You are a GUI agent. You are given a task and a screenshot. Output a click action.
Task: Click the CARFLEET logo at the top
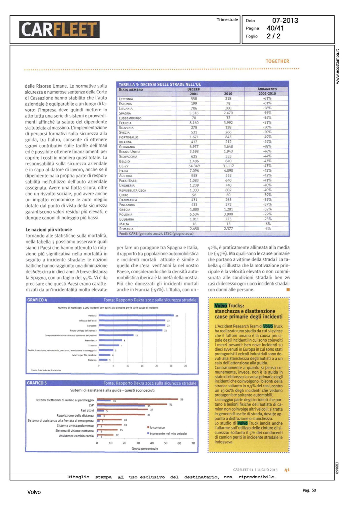pyautogui.click(x=59, y=29)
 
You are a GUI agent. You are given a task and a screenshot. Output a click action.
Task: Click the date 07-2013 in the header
pyautogui.click(x=285, y=21)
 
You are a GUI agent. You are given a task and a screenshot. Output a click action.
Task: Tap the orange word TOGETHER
pyautogui.click(x=277, y=61)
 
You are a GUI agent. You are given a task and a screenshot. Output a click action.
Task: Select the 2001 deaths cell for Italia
pyautogui.click(x=194, y=171)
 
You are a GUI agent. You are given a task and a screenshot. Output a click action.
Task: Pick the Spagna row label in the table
pyautogui.click(x=125, y=113)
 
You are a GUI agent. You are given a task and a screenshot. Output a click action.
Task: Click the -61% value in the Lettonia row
pyautogui.click(x=267, y=99)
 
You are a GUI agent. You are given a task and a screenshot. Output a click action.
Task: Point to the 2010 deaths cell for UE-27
pyautogui.click(x=228, y=166)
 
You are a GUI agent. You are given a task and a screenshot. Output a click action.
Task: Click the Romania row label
pyautogui.click(x=126, y=229)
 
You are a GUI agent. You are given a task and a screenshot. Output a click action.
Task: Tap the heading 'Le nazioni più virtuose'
pyautogui.click(x=49, y=230)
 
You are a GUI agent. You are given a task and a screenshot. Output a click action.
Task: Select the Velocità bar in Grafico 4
pyautogui.click(x=136, y=315)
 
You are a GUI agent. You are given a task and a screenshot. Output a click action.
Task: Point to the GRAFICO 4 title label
pyautogui.click(x=37, y=300)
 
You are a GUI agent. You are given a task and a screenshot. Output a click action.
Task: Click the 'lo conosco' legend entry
pyautogui.click(x=157, y=427)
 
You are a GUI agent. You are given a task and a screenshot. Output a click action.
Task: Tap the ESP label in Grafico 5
pyautogui.click(x=91, y=405)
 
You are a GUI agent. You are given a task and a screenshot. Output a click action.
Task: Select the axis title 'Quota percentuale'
pyautogui.click(x=144, y=449)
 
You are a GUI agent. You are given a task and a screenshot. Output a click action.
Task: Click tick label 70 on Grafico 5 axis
pyautogui.click(x=193, y=443)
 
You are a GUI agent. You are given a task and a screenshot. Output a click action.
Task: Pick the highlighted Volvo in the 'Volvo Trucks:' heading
pyautogui.click(x=221, y=306)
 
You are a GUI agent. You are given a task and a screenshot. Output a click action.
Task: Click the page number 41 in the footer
pyautogui.click(x=287, y=470)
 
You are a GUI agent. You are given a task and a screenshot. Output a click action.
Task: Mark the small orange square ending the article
pyautogui.click(x=288, y=289)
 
